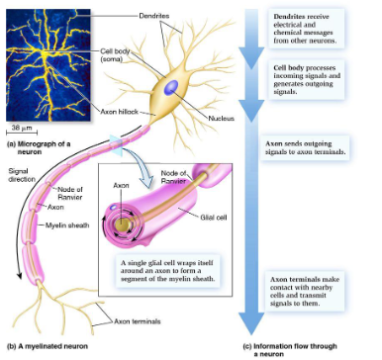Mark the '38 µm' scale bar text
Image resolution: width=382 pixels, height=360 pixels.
click(21, 129)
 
